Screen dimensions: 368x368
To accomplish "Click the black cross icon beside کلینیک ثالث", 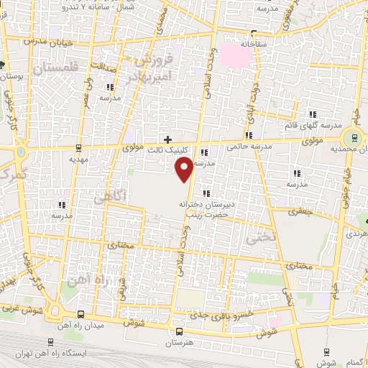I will [x=168, y=139].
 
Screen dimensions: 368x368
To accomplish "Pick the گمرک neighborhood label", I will [x=13, y=174].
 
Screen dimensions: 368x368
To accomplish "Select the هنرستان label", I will [x=180, y=344].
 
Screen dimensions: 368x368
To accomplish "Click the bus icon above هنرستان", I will [x=179, y=332].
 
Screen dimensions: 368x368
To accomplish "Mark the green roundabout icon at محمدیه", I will [x=352, y=139].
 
